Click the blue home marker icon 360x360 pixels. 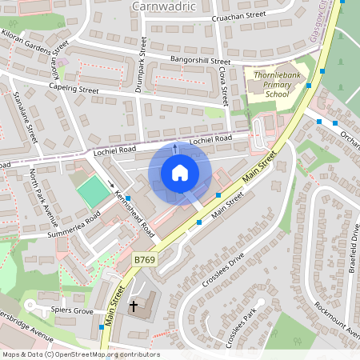tap(180, 173)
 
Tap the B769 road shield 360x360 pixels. tap(144, 260)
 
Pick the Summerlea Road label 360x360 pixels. tap(73, 223)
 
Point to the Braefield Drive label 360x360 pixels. tap(354, 249)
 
